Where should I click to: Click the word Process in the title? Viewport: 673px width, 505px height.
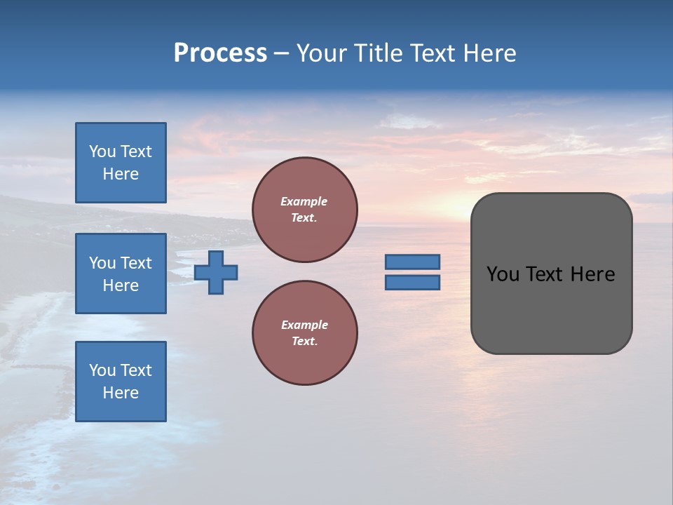pos(220,53)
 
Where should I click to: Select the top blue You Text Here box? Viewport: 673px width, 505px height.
pos(121,163)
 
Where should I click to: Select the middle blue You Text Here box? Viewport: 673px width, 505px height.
pos(121,274)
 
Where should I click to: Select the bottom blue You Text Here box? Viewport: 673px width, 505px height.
pos(121,382)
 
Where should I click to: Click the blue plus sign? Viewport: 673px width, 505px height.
pos(216,272)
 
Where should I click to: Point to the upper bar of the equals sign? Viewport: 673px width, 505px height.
pos(412,262)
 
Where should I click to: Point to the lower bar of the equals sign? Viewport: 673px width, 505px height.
pos(412,283)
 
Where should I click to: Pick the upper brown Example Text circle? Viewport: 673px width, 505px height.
pos(304,210)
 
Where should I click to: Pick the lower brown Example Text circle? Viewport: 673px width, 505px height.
pos(304,333)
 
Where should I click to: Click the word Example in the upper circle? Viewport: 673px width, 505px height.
pos(304,201)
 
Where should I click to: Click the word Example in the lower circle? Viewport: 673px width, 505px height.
pos(304,325)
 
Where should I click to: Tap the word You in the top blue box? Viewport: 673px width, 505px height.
pos(102,151)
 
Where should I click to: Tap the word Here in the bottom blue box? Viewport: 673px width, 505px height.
pos(121,393)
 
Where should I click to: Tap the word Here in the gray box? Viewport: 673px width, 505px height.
pos(593,274)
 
